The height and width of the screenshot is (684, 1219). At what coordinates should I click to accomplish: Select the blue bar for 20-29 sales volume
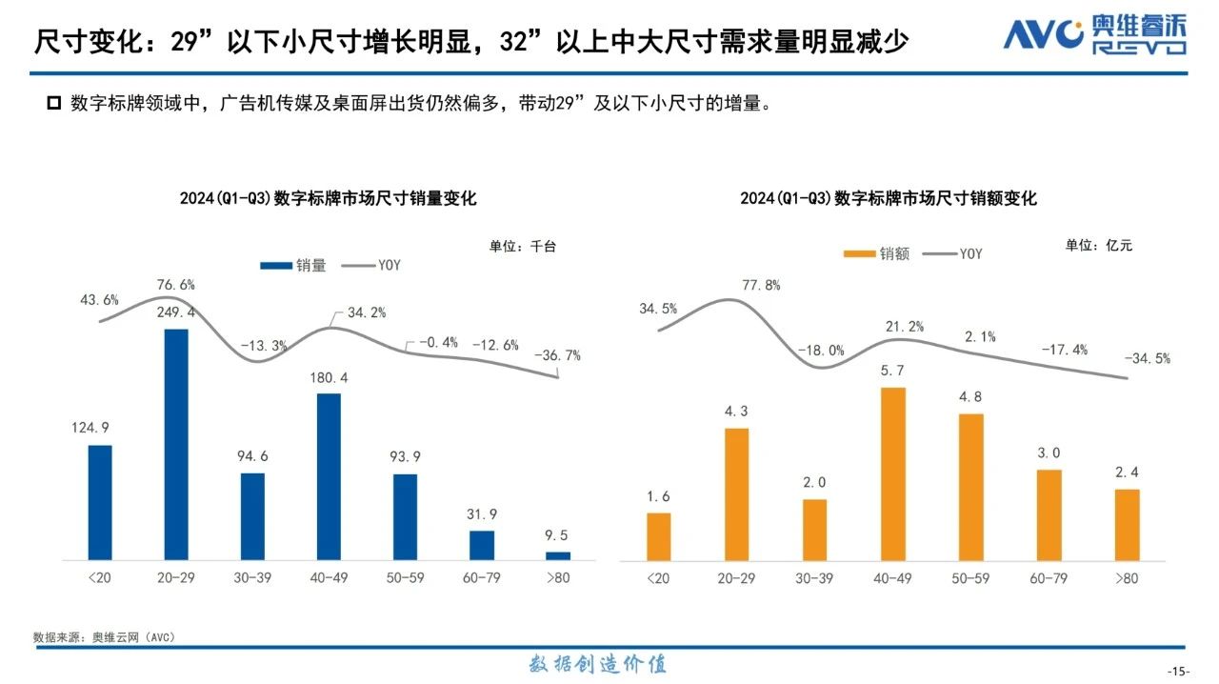pos(176,444)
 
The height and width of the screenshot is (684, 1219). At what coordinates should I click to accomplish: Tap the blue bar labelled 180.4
pos(329,476)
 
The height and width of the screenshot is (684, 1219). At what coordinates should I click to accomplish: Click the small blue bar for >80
pos(557,555)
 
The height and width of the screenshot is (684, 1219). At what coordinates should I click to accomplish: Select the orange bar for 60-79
pos(1049,514)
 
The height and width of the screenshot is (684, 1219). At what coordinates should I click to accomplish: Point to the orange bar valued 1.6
pos(658,536)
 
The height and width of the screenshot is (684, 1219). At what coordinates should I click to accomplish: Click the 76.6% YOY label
pos(175,285)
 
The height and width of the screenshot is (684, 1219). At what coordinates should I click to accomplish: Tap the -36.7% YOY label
pos(557,355)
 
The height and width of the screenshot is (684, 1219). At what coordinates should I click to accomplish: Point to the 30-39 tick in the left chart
pos(252,578)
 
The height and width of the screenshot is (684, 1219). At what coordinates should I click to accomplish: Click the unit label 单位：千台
pos(522,246)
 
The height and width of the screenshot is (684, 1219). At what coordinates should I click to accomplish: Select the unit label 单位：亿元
pos(1099,246)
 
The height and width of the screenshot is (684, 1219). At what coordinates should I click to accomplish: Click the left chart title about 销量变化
pos(328,199)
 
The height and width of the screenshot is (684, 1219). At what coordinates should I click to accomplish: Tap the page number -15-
pos(1178,672)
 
